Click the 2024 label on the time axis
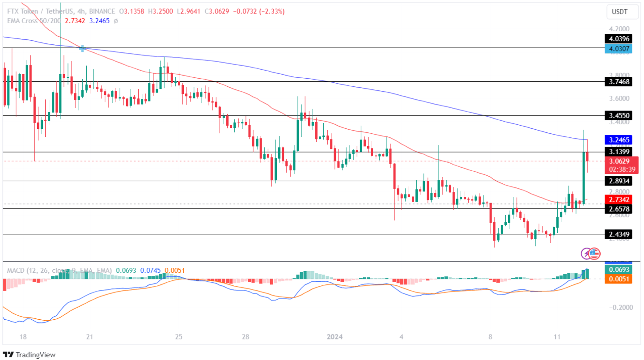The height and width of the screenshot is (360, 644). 335,337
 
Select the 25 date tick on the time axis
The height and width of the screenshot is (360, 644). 178,337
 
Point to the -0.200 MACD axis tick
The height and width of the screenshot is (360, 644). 619,308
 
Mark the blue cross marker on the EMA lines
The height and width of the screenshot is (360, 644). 82,48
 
